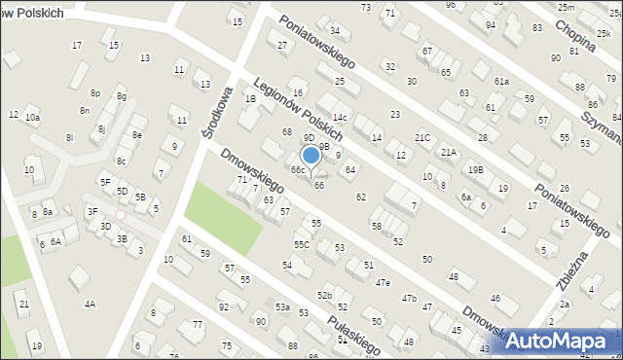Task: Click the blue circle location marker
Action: pyautogui.click(x=311, y=154)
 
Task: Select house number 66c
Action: pyautogui.click(x=298, y=170)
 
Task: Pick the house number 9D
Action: pyautogui.click(x=309, y=138)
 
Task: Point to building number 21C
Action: pyautogui.click(x=422, y=138)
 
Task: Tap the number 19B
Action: pyautogui.click(x=475, y=169)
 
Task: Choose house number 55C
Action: pyautogui.click(x=302, y=244)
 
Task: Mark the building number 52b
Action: pyautogui.click(x=324, y=295)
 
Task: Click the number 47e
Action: pyautogui.click(x=383, y=283)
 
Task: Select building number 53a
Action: pyautogui.click(x=281, y=306)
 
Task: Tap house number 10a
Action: pyautogui.click(x=32, y=117)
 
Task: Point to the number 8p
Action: pyautogui.click(x=95, y=92)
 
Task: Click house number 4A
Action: pyautogui.click(x=90, y=304)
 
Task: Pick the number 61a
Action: pyautogui.click(x=501, y=82)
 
